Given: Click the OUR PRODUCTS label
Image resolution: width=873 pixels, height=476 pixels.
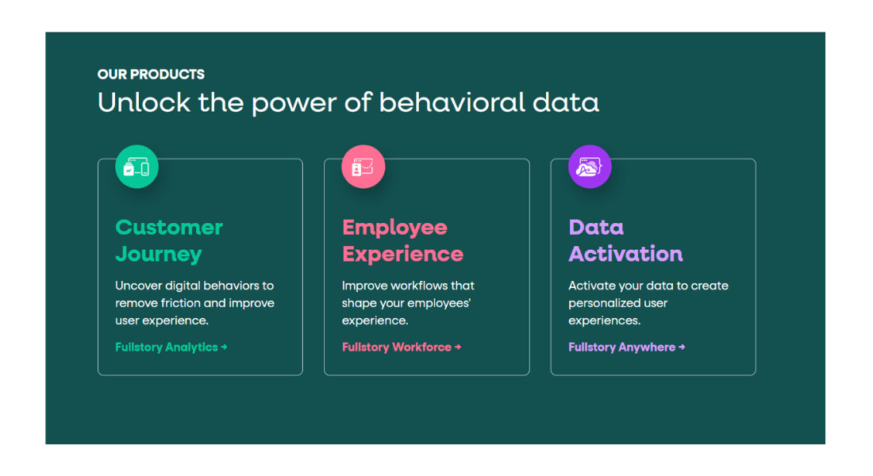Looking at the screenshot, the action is [151, 74].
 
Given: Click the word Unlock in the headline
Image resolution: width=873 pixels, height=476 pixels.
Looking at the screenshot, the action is [144, 102].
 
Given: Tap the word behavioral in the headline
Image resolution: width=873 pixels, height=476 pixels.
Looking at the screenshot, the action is [452, 102].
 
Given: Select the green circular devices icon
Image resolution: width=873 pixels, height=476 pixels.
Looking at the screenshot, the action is [137, 167].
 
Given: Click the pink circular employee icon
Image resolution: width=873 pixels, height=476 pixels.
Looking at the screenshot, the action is [363, 167].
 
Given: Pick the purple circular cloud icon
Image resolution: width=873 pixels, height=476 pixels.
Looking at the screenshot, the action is [590, 167].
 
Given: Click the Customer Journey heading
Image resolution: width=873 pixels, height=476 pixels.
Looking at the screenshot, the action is [169, 240].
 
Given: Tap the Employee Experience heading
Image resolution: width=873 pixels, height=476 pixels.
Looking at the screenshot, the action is [402, 240].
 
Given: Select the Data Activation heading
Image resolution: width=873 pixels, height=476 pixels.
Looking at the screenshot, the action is [625, 240].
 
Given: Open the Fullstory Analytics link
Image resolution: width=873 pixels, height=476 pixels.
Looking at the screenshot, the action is [171, 347].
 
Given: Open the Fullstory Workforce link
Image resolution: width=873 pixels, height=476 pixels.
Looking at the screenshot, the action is [402, 347].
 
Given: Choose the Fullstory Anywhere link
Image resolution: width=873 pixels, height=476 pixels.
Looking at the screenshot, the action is [626, 347].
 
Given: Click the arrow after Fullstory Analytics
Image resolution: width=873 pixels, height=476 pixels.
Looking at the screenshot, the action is [224, 347].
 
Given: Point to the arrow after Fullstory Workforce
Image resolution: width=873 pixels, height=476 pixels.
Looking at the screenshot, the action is [458, 347].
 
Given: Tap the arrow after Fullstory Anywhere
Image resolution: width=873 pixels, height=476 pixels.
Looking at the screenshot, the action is [682, 347].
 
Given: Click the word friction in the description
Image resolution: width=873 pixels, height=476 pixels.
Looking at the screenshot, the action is [180, 303].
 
